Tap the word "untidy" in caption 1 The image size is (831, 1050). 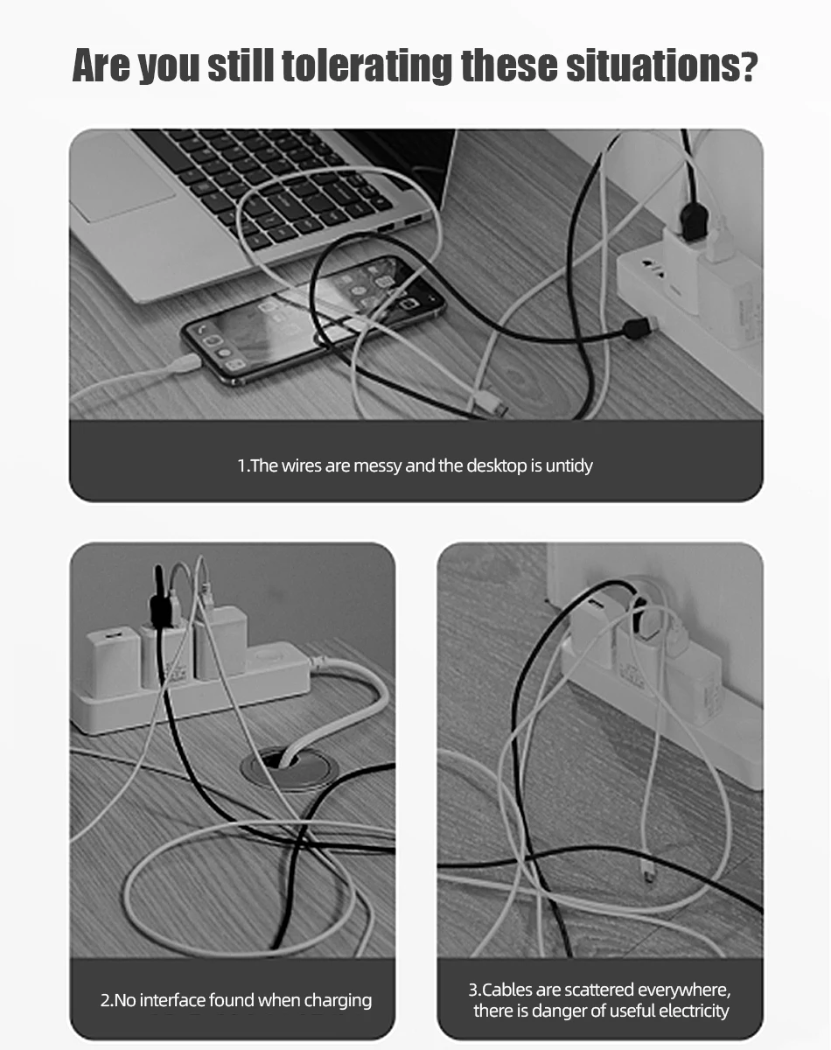click(x=569, y=465)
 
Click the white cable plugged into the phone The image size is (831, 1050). click(x=179, y=364)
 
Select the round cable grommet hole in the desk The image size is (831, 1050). click(x=289, y=769)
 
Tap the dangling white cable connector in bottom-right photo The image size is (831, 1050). click(x=649, y=871)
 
